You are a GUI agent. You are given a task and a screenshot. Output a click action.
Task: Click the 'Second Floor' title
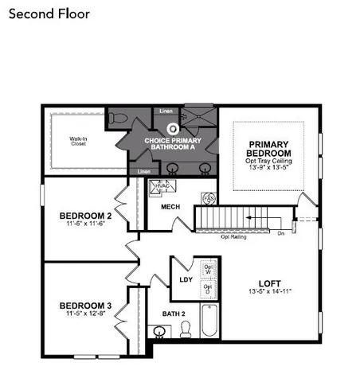(51, 14)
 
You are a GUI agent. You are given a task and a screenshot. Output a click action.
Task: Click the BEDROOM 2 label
(85, 216)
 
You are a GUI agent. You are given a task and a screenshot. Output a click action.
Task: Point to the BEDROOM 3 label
(85, 305)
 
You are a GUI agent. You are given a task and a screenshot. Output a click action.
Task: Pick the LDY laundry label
(186, 279)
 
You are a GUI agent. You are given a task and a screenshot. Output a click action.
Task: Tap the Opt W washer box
(207, 269)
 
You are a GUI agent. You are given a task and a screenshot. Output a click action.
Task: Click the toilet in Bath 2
(186, 329)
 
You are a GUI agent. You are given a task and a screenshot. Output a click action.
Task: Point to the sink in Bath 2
(158, 332)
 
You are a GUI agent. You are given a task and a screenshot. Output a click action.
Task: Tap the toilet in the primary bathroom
(118, 119)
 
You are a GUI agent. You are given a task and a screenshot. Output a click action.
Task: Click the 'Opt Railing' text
(233, 236)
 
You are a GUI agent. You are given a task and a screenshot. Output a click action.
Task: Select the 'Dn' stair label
(280, 233)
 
